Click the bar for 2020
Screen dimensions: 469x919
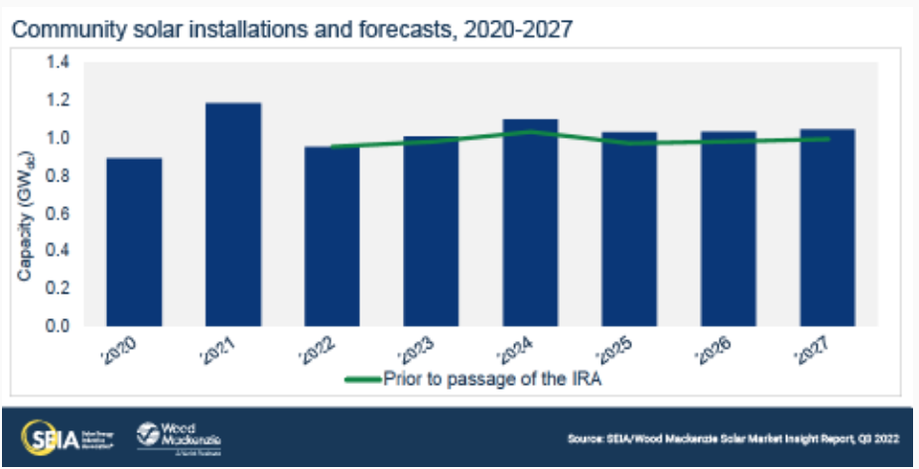(x=134, y=242)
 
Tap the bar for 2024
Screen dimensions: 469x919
(x=530, y=222)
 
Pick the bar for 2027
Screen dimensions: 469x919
(x=828, y=227)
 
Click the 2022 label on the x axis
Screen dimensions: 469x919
(x=326, y=348)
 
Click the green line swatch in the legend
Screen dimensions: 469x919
(x=362, y=379)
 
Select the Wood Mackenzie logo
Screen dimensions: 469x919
(x=180, y=436)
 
